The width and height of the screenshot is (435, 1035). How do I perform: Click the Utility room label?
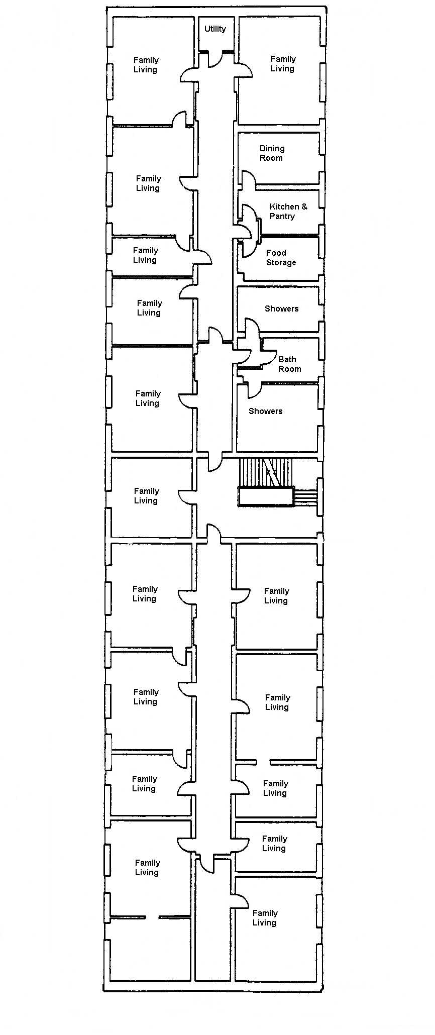215,29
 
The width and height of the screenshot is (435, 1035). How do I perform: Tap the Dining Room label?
272,153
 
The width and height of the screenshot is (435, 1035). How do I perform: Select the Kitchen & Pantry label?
288,212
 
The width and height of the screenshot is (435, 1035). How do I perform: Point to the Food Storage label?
281,258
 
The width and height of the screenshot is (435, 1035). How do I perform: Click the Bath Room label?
289,364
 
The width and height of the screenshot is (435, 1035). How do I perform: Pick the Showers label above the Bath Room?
281,308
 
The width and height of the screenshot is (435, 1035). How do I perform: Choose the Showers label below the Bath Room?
265,411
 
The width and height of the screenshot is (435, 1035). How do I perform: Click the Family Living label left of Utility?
146,65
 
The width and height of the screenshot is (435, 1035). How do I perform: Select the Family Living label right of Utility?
283,64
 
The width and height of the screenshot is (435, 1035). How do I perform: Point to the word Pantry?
282,217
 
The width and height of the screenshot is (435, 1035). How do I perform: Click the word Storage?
281,263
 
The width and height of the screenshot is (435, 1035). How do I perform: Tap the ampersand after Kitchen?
304,206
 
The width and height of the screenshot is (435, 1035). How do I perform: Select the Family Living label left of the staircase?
146,496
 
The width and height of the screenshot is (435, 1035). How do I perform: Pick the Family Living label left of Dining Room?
148,183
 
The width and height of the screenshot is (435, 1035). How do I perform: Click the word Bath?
287,359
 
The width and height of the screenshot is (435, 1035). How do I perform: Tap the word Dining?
272,149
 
